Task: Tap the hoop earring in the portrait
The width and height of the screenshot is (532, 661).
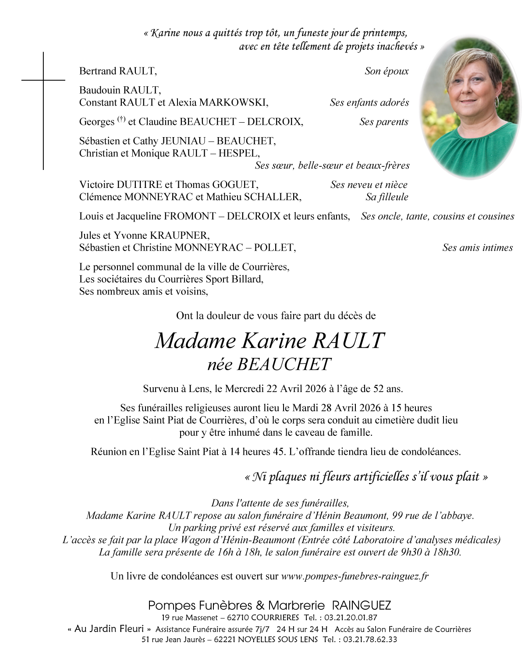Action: coord(497,102)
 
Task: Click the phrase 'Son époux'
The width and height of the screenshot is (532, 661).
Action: coord(387,71)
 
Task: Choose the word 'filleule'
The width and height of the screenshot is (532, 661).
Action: coord(393,197)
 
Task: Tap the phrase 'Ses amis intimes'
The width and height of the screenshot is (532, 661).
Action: coord(477,248)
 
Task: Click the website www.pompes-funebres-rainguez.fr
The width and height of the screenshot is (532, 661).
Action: coord(355,576)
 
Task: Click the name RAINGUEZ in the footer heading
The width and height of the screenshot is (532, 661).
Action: coord(362,605)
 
